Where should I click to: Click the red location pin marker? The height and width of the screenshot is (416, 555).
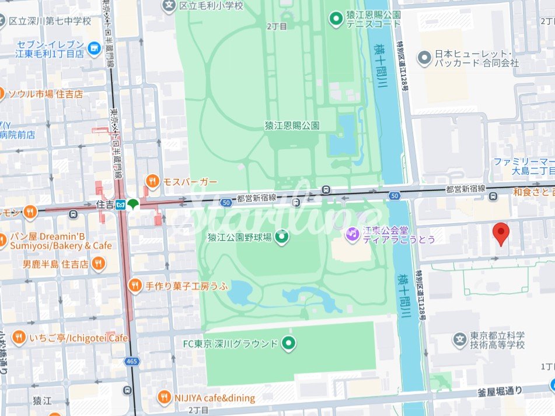[501, 234]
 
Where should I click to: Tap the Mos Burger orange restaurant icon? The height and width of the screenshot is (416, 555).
[152, 181]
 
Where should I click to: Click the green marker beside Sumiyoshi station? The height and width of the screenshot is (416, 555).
[134, 204]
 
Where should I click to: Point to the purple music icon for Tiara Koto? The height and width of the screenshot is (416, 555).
[352, 234]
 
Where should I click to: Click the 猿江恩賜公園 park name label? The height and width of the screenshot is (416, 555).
[292, 125]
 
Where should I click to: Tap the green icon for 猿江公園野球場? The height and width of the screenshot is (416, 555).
[282, 237]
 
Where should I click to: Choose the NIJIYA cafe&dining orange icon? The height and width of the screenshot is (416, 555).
[165, 398]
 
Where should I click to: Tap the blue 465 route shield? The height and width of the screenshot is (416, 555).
[131, 362]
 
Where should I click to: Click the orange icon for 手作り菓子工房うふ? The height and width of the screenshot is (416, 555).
[135, 285]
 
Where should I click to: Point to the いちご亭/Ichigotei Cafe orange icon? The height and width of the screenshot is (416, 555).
[19, 338]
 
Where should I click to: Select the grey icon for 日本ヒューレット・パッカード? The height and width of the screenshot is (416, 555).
[424, 58]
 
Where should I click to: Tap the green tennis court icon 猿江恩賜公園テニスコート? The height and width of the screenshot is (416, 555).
[336, 19]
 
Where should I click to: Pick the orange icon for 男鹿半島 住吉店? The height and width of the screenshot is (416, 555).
[99, 264]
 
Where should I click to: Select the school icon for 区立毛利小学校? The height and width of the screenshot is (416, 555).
[169, 6]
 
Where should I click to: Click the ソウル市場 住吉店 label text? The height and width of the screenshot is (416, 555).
[46, 94]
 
